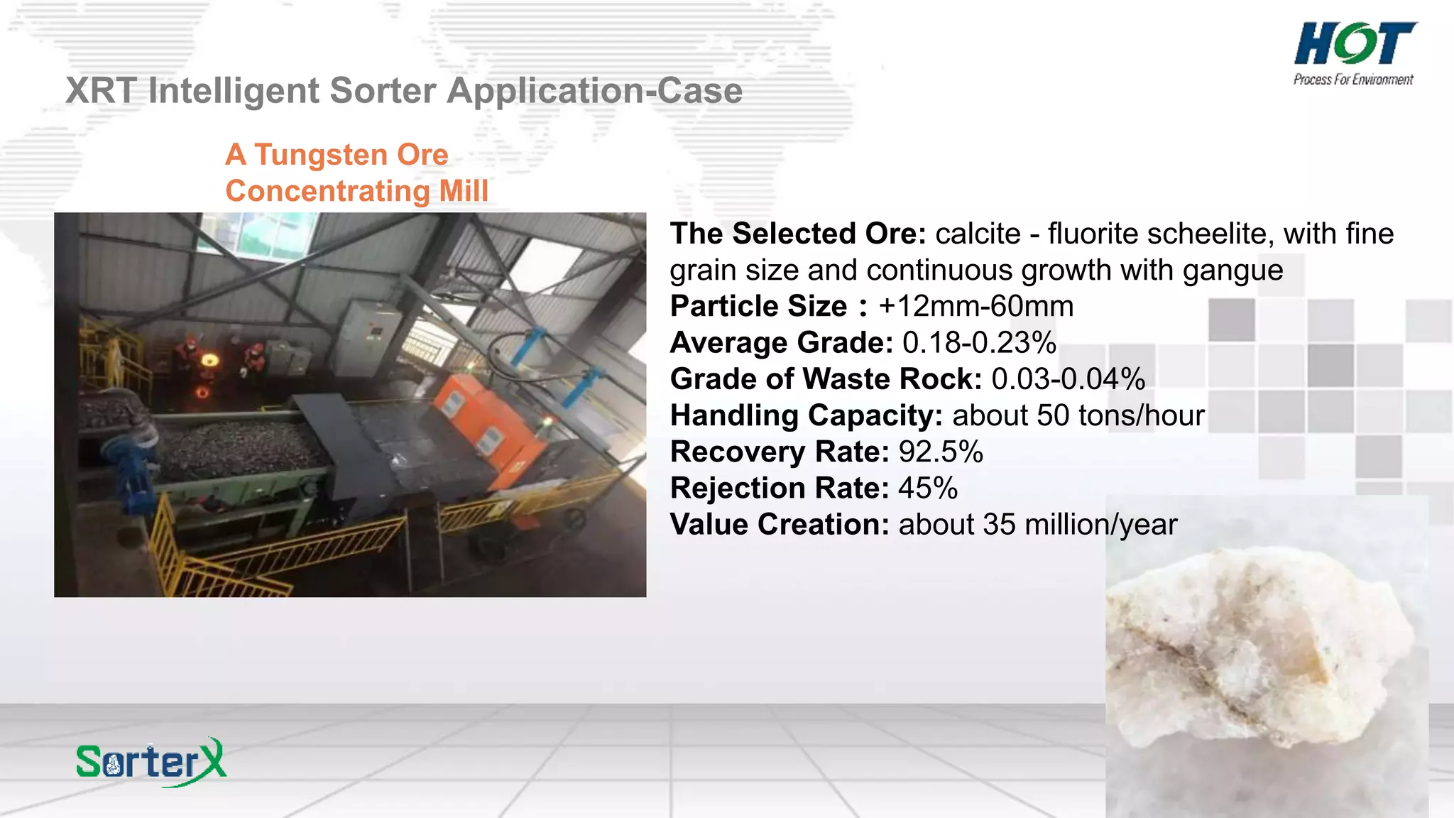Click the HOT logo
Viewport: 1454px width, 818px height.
(1355, 44)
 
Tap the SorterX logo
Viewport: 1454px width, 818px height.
(151, 762)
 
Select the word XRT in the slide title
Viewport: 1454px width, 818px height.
(102, 91)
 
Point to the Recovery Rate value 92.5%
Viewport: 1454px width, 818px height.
(941, 452)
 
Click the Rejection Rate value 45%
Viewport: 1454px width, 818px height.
(928, 489)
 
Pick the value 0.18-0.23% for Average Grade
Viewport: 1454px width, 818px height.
(979, 343)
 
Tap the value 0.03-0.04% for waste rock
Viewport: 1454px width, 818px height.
(1068, 379)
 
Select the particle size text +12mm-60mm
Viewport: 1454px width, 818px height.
(975, 307)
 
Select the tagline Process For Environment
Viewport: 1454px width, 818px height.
(1353, 80)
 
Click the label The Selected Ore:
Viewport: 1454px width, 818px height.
(798, 234)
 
